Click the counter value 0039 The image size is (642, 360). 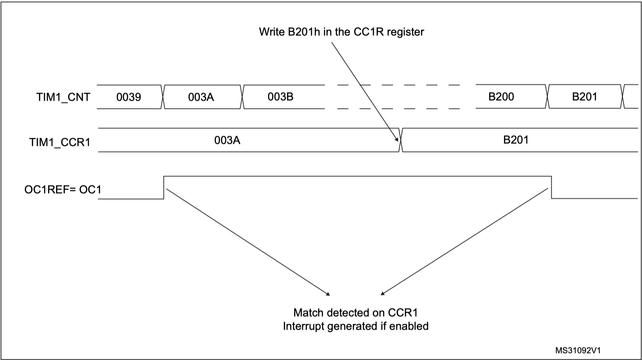[128, 98]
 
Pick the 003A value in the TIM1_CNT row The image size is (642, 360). [201, 98]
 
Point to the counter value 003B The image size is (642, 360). [280, 97]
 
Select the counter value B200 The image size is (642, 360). [501, 97]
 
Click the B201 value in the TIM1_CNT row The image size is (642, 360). [585, 97]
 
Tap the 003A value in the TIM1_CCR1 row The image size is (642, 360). [227, 140]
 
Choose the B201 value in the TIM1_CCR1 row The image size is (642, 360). [516, 139]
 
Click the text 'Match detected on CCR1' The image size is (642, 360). [355, 313]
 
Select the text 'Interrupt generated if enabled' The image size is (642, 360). [355, 326]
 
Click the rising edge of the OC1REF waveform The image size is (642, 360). [164, 187]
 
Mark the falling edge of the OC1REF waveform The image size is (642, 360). [551, 187]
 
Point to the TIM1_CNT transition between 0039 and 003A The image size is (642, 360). [163, 97]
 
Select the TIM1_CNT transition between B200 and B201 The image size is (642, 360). [547, 97]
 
